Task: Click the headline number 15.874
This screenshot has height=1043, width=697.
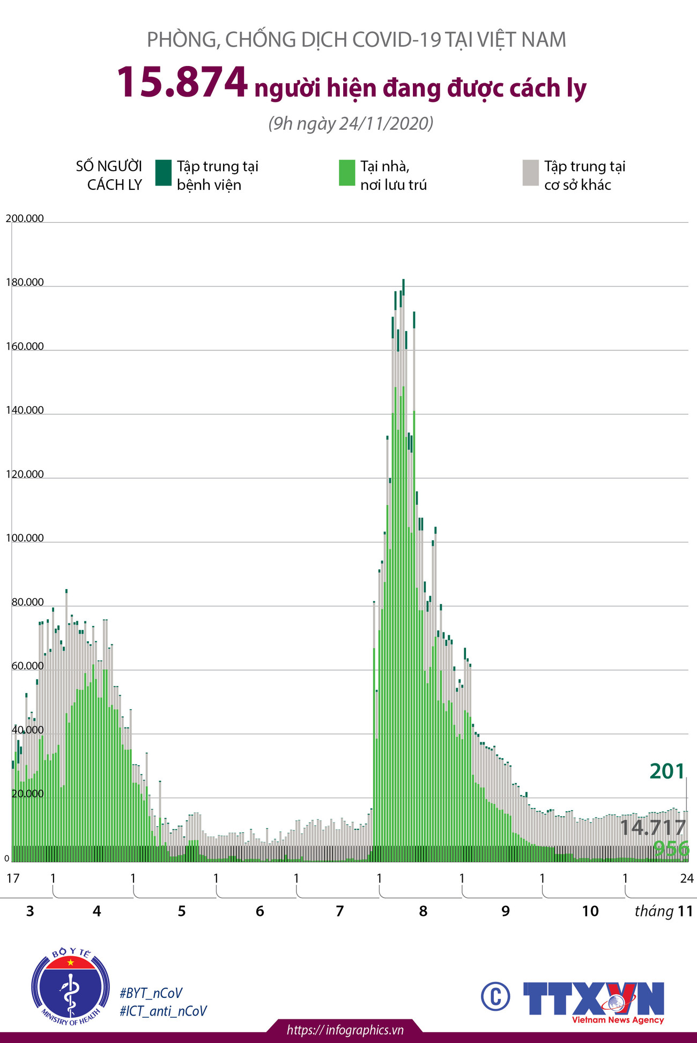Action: [x=182, y=83]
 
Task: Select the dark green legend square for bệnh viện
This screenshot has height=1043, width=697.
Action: [x=163, y=173]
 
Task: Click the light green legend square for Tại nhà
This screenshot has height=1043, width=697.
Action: [x=347, y=173]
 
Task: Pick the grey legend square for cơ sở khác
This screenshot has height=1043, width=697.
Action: [x=530, y=173]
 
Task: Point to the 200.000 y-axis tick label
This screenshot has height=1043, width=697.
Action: [x=25, y=218]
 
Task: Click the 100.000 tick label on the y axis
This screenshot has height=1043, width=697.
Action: [x=25, y=538]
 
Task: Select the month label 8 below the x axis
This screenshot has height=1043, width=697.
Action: [x=423, y=911]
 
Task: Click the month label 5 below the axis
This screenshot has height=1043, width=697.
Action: [x=182, y=911]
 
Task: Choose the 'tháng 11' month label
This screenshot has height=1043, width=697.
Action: [x=664, y=911]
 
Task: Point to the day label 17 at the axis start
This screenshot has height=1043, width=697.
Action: [x=13, y=878]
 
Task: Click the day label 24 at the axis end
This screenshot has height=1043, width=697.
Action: [x=687, y=878]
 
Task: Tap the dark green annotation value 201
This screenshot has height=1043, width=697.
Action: [x=667, y=772]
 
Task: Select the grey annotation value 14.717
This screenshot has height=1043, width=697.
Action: [x=652, y=827]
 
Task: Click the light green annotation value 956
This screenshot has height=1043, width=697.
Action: [x=671, y=849]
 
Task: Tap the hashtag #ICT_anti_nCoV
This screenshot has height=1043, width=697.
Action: [x=163, y=1011]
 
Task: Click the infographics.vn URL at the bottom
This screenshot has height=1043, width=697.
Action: [x=345, y=1030]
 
